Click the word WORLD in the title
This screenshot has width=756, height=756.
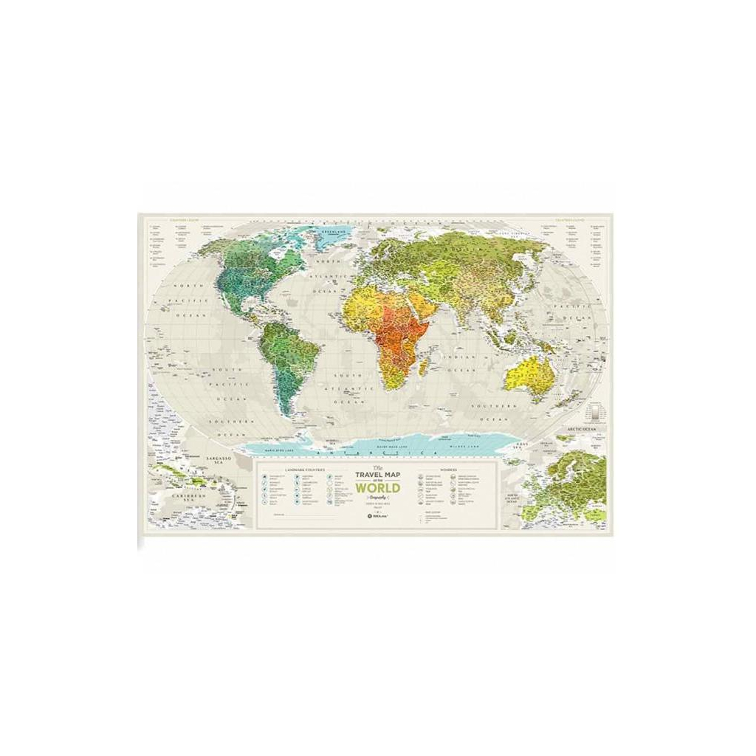378,488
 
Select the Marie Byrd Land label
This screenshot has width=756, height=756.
274,445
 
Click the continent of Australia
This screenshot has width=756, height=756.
530,374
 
